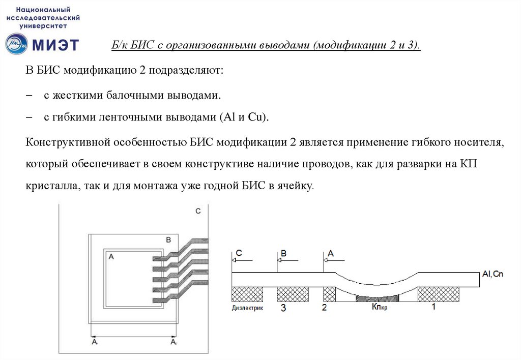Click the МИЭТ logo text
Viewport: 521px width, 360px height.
coord(56,45)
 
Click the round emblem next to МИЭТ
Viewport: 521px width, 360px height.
coord(17,44)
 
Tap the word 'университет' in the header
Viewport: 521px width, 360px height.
coord(43,24)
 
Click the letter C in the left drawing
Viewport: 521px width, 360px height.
coord(198,211)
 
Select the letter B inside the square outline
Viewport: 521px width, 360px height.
coord(169,239)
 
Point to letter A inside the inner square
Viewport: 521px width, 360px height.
coord(110,257)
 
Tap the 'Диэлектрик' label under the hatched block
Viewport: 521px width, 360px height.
coord(247,308)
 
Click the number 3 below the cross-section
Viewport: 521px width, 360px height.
coord(283,308)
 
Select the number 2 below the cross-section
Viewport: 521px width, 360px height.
coord(325,308)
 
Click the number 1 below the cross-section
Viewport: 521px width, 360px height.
coord(433,307)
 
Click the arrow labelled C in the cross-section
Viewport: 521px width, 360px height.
coord(242,260)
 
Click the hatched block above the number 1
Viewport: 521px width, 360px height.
coord(438,293)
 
